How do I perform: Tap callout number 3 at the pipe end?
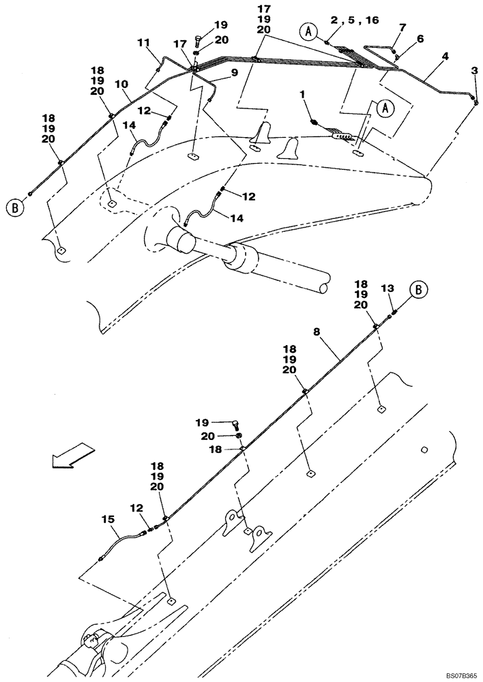point(475,70)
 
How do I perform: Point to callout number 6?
point(420,40)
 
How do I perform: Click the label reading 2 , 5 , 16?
point(353,21)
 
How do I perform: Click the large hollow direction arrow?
point(71,455)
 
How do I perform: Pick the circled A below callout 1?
point(385,107)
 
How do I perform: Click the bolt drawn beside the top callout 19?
point(197,39)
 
